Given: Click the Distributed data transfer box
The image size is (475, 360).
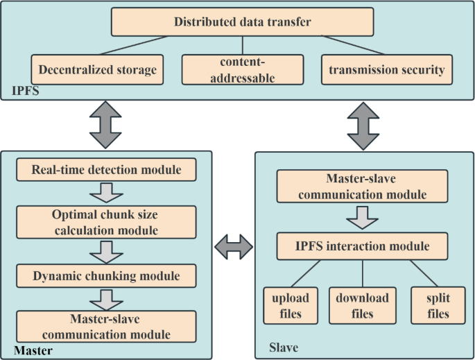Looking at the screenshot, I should pos(241,22).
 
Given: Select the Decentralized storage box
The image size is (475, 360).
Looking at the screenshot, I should pos(98,70).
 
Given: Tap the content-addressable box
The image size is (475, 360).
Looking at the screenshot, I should pos(241,70).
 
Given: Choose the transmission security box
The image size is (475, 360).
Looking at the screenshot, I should pos(387,70).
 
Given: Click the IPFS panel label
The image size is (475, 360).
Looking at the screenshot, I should pos(25,91).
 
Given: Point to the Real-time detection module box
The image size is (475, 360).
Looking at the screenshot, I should pos(106,169).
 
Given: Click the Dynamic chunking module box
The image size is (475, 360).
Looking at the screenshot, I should pos(106,275).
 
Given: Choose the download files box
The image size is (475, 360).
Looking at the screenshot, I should pos(363,305).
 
